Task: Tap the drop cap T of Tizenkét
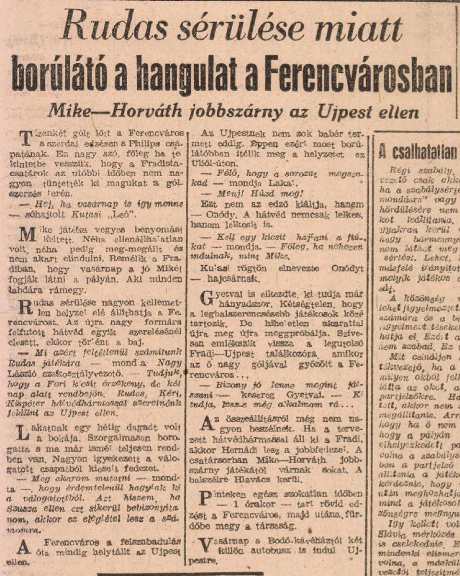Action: click(27, 137)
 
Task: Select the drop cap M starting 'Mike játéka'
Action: click(28, 234)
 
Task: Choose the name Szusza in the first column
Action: click(22, 507)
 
